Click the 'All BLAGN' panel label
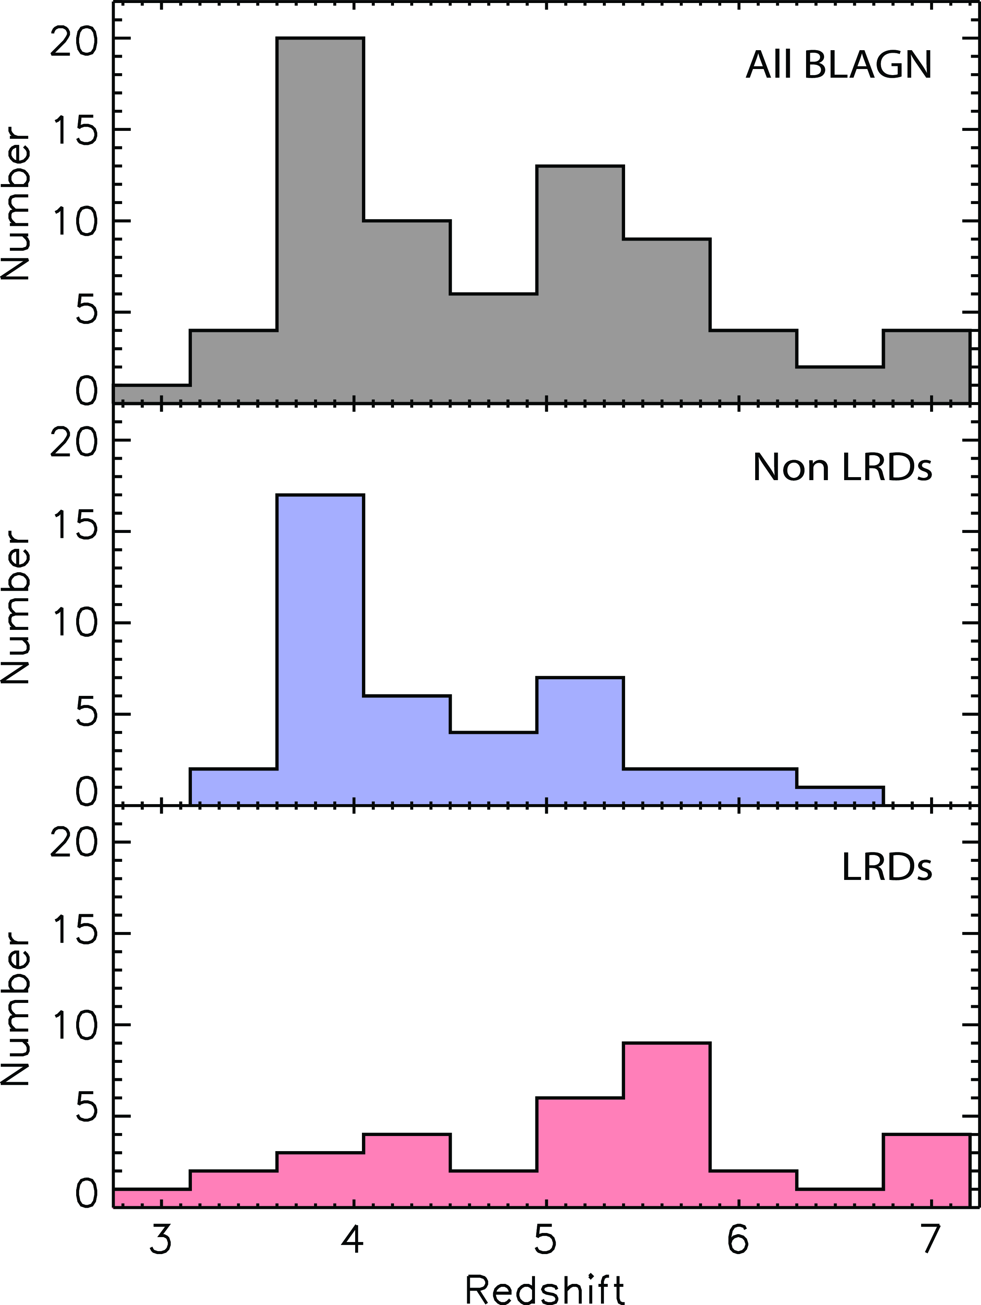[839, 65]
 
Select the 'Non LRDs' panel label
[842, 468]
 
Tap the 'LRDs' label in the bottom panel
[887, 868]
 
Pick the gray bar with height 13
[580, 283]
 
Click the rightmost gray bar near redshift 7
[926, 366]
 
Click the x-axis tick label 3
[161, 1240]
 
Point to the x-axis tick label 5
[546, 1240]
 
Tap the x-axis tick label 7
[930, 1240]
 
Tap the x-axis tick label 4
[353, 1240]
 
